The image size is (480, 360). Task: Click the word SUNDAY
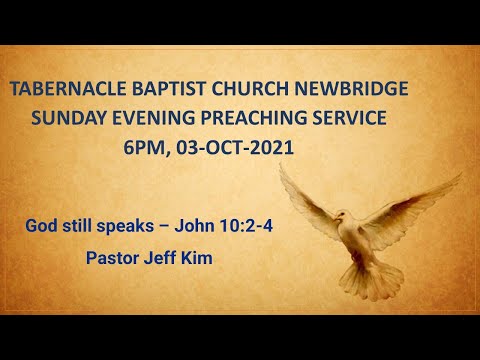[x=67, y=118]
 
